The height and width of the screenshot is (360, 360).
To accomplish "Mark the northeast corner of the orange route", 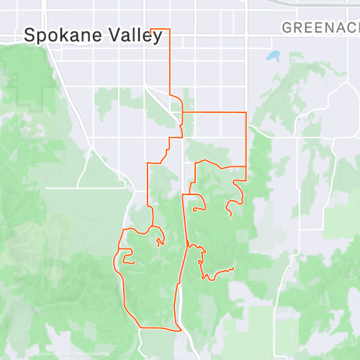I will tap(246, 112).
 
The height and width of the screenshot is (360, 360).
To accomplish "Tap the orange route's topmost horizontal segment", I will tap(158, 29).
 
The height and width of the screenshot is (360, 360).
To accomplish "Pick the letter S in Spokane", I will tap(31, 35).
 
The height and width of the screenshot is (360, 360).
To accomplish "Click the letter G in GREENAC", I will tap(287, 28).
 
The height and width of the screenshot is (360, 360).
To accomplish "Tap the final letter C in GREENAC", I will tap(354, 28).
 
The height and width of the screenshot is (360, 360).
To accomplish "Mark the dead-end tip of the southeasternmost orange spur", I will tap(234, 269).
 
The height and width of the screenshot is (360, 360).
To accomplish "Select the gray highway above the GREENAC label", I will tap(317, 6).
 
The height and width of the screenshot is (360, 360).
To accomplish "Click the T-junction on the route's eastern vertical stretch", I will tap(246, 166).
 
